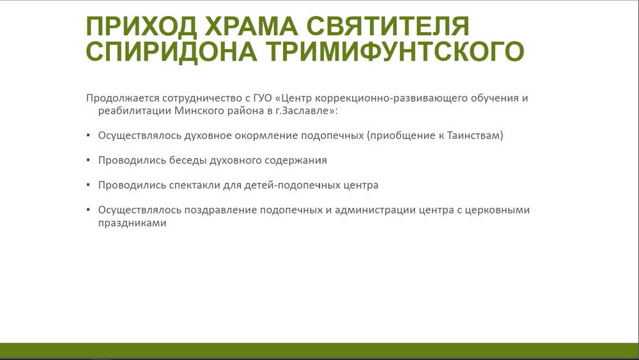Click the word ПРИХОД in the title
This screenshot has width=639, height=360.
pos(141,26)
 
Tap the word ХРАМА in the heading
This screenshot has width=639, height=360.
pos(251,26)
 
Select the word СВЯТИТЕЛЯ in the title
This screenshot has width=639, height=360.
pos(388,26)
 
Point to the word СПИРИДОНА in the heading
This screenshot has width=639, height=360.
pos(171,52)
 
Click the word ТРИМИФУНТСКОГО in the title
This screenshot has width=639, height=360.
pos(395,52)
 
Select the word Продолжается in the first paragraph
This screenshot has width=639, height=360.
pos(123,98)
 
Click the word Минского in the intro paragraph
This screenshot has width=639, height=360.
pos(199,111)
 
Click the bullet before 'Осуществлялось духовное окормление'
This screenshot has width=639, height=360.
pos(88,134)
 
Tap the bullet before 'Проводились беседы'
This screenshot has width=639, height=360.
pos(88,159)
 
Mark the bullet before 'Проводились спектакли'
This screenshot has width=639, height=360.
pos(88,184)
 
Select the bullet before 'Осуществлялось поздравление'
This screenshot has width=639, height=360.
pos(88,209)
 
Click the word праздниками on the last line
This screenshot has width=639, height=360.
pos(132,223)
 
